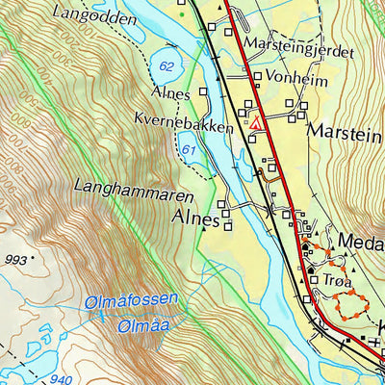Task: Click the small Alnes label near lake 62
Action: point(171,92)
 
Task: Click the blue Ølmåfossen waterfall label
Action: point(131,300)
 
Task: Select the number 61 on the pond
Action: point(188,150)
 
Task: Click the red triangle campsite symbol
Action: point(256,123)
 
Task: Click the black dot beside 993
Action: point(33,258)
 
